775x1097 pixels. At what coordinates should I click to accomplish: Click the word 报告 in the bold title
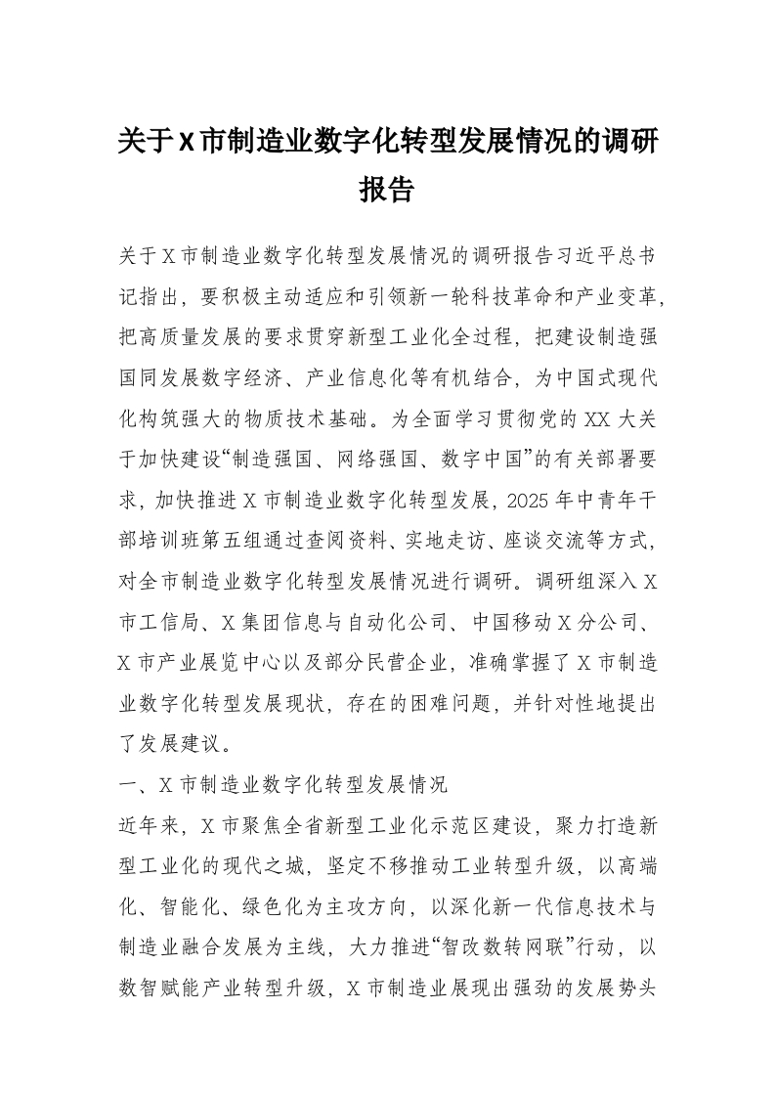coord(387,188)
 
